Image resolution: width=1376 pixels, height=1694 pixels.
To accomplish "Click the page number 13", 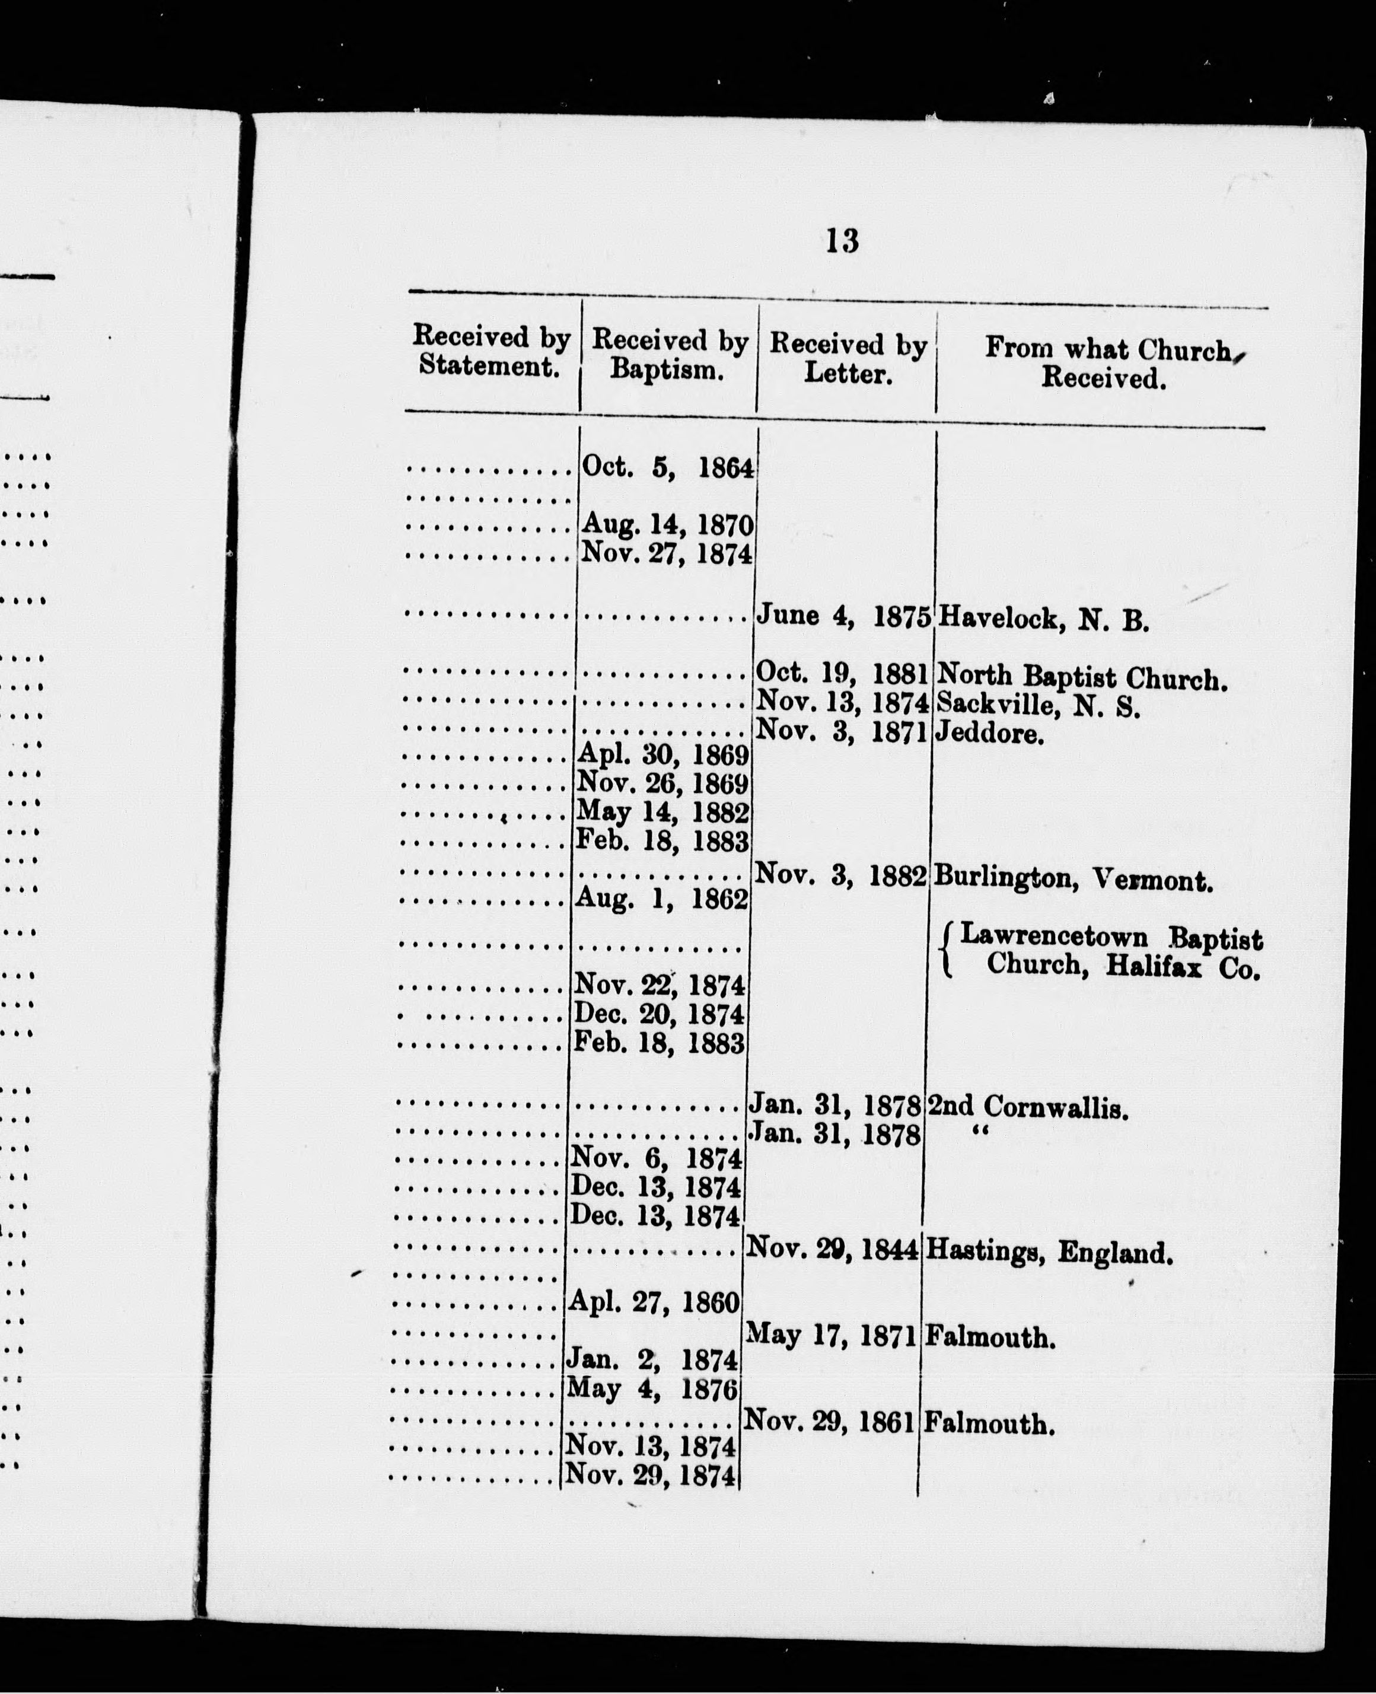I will (x=842, y=240).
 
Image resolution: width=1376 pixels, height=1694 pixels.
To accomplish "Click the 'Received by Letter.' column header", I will (x=848, y=359).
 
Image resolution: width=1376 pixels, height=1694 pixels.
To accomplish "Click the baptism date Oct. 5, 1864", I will (x=667, y=468).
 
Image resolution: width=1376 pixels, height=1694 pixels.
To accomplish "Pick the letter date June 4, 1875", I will (x=843, y=616).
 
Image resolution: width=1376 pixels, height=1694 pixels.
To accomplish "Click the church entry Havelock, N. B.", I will (x=1041, y=620).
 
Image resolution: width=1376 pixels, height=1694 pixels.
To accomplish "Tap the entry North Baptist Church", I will (x=1081, y=678).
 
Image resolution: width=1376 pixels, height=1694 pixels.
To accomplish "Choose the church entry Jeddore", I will (x=988, y=734).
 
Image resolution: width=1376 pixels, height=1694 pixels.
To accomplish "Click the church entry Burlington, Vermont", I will (x=1072, y=878).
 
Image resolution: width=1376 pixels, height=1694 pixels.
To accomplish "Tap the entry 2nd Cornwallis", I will (x=1027, y=1107).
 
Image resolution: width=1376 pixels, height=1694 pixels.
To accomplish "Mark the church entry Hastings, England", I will (x=1048, y=1253).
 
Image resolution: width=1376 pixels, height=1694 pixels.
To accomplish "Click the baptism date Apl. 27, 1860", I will (x=655, y=1301).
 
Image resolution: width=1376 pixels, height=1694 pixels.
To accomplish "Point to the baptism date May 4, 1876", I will (x=652, y=1389).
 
